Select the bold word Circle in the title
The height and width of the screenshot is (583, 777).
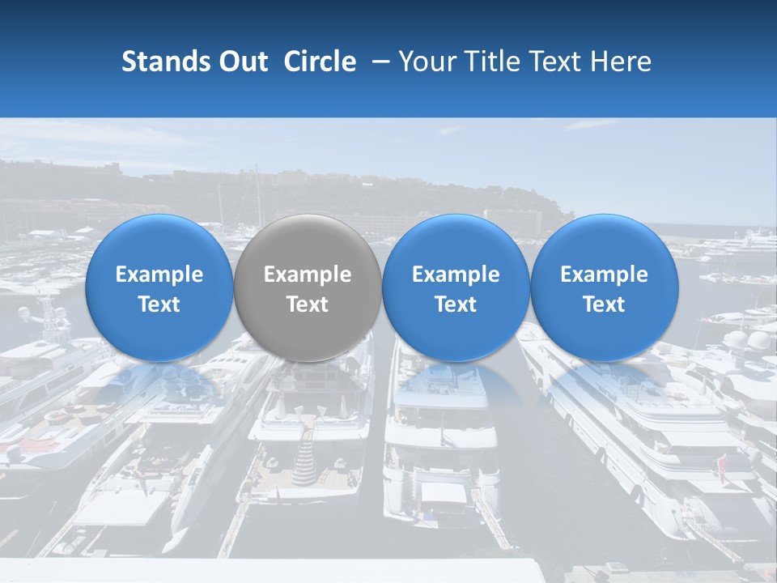click(x=320, y=62)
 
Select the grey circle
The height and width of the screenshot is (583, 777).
click(x=308, y=287)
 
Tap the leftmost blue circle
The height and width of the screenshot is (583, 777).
click(x=159, y=287)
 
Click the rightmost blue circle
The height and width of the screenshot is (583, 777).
click(x=605, y=287)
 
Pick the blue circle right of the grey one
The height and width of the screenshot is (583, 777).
click(x=456, y=287)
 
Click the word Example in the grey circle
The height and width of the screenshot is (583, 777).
click(x=308, y=274)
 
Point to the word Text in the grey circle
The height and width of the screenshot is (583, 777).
click(x=308, y=304)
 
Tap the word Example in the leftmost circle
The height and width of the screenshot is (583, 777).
click(x=159, y=274)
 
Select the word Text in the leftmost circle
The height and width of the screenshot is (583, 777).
click(x=159, y=304)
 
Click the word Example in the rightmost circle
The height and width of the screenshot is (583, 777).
click(x=605, y=274)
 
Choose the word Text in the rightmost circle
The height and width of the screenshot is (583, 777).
click(x=605, y=304)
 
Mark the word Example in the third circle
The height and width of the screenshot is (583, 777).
click(x=456, y=274)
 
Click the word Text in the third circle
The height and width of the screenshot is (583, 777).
click(x=456, y=304)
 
